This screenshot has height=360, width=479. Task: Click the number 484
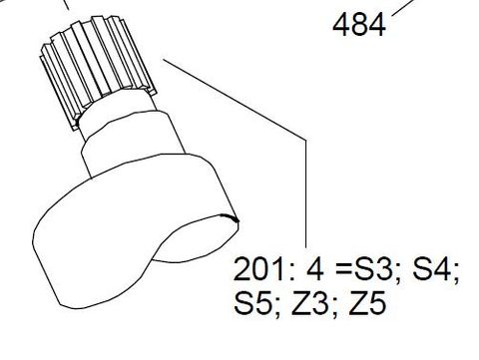point(358,24)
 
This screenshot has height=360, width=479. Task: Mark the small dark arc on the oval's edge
point(234,219)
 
